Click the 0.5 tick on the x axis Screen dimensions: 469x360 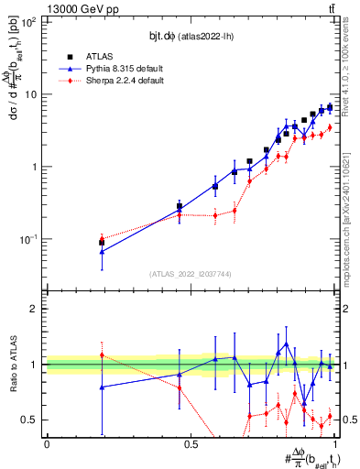[191, 444]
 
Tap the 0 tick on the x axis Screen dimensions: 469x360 [47, 444]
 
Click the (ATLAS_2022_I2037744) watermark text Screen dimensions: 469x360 [190, 273]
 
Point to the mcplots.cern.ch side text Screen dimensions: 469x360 [351, 183]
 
